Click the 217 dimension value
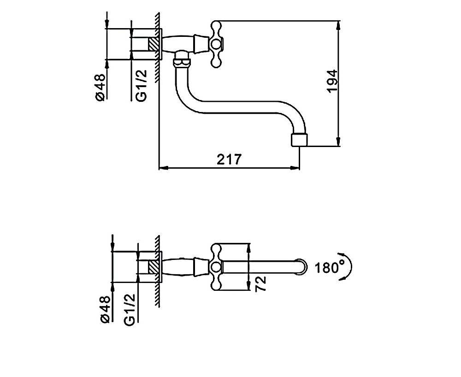tap(229, 160)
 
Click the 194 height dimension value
tap(333, 82)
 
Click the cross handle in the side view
tap(216, 44)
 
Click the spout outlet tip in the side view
tap(299, 140)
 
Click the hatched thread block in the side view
tap(154, 44)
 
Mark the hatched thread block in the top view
tap(154, 267)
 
